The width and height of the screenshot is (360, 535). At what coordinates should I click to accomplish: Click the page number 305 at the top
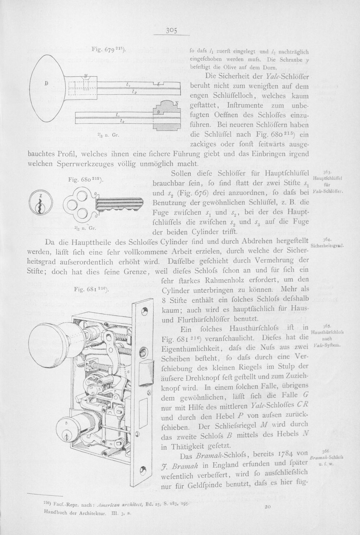tap(171, 31)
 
